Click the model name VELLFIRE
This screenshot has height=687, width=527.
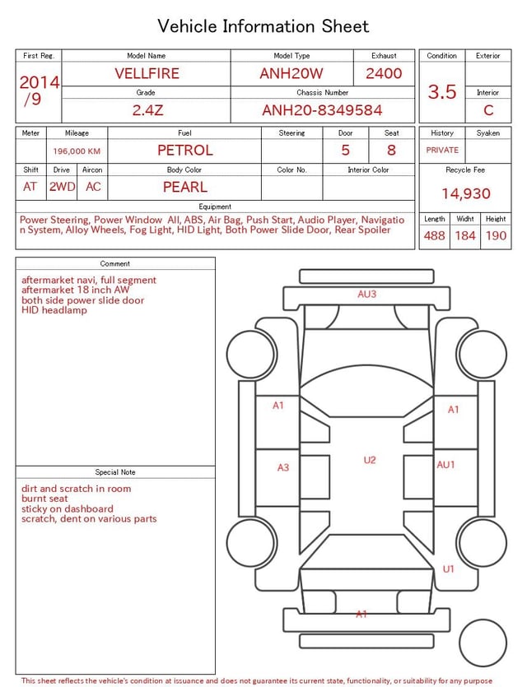147,73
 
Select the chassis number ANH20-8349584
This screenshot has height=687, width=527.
322,110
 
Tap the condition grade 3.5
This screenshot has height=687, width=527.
442,91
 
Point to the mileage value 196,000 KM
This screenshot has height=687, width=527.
77,151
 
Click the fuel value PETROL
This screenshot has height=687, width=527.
185,151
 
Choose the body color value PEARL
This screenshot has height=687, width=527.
185,187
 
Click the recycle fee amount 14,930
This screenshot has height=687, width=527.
465,193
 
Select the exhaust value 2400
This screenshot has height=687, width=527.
384,73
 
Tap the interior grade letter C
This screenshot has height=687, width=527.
488,110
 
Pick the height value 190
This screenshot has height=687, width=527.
496,235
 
